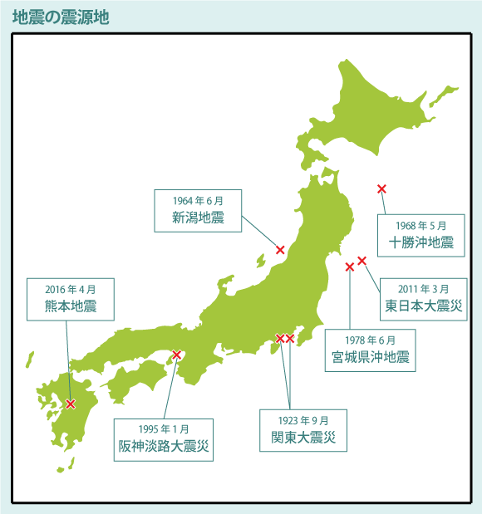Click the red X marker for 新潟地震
280,250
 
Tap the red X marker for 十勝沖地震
381,189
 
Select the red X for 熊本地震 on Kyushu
71,404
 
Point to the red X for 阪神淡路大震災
176,355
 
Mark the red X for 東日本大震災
361,261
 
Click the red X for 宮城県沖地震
349,267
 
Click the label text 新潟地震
198,218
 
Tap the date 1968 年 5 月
421,225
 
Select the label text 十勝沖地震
421,242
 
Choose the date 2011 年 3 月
422,289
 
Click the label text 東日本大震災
422,306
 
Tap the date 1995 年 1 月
164,429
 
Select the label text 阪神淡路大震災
164,447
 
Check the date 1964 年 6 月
198,201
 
